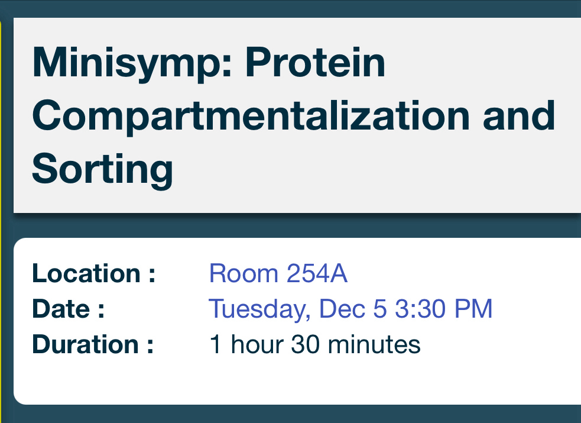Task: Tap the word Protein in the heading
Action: (x=316, y=62)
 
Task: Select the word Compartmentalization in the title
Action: (x=251, y=117)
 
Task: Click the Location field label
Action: (x=94, y=273)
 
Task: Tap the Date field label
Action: (x=68, y=308)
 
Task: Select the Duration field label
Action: (x=93, y=344)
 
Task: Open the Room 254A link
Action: (x=278, y=273)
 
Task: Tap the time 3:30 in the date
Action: (x=420, y=308)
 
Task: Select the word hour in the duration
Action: (x=257, y=344)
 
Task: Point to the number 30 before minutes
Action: (x=306, y=344)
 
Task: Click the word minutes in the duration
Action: (x=374, y=344)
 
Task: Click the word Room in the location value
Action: (x=244, y=273)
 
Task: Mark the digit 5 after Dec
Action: (x=380, y=309)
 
